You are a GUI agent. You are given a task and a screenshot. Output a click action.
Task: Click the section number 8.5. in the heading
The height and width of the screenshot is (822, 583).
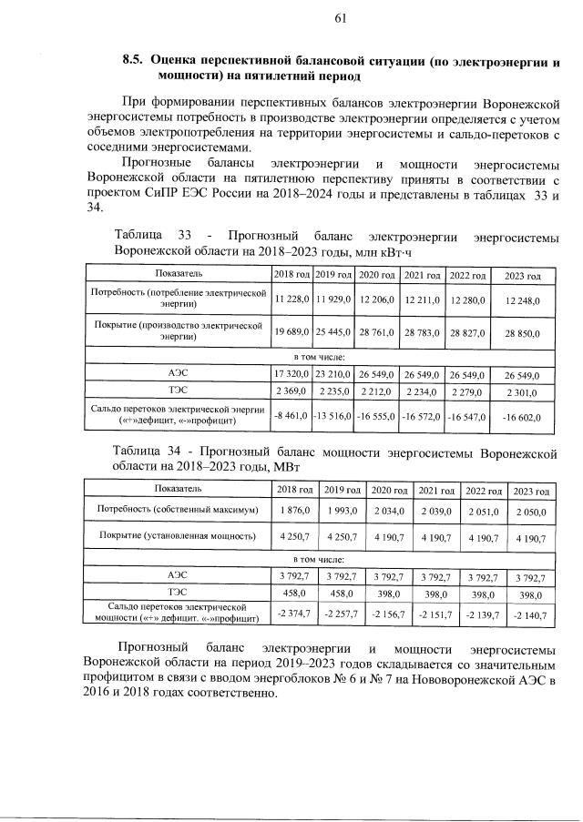pyautogui.click(x=133, y=60)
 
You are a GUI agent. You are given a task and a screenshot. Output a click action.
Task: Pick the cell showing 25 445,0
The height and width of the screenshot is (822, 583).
pyautogui.click(x=332, y=333)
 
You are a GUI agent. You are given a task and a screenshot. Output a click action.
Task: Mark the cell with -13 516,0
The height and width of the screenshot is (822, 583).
pyautogui.click(x=332, y=416)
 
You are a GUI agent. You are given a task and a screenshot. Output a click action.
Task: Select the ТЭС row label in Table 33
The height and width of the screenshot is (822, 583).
pyautogui.click(x=179, y=391)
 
